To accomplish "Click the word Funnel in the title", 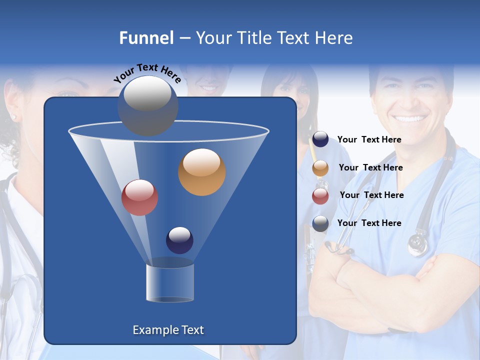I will click(x=146, y=38).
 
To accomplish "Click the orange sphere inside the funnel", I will click(x=202, y=172).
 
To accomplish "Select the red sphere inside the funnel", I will click(x=140, y=197).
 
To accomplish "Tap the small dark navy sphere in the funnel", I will click(x=179, y=240).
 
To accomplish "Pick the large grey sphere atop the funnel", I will click(x=147, y=105).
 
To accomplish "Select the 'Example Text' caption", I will click(x=168, y=330).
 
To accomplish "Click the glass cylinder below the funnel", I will click(x=170, y=283).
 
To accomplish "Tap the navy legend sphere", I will click(x=320, y=139).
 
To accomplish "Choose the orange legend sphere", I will click(x=320, y=168).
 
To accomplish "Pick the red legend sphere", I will click(x=320, y=196).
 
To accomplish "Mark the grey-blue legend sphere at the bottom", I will click(x=320, y=223).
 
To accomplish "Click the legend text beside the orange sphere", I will click(x=370, y=168).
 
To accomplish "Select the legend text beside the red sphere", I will click(x=371, y=195).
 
